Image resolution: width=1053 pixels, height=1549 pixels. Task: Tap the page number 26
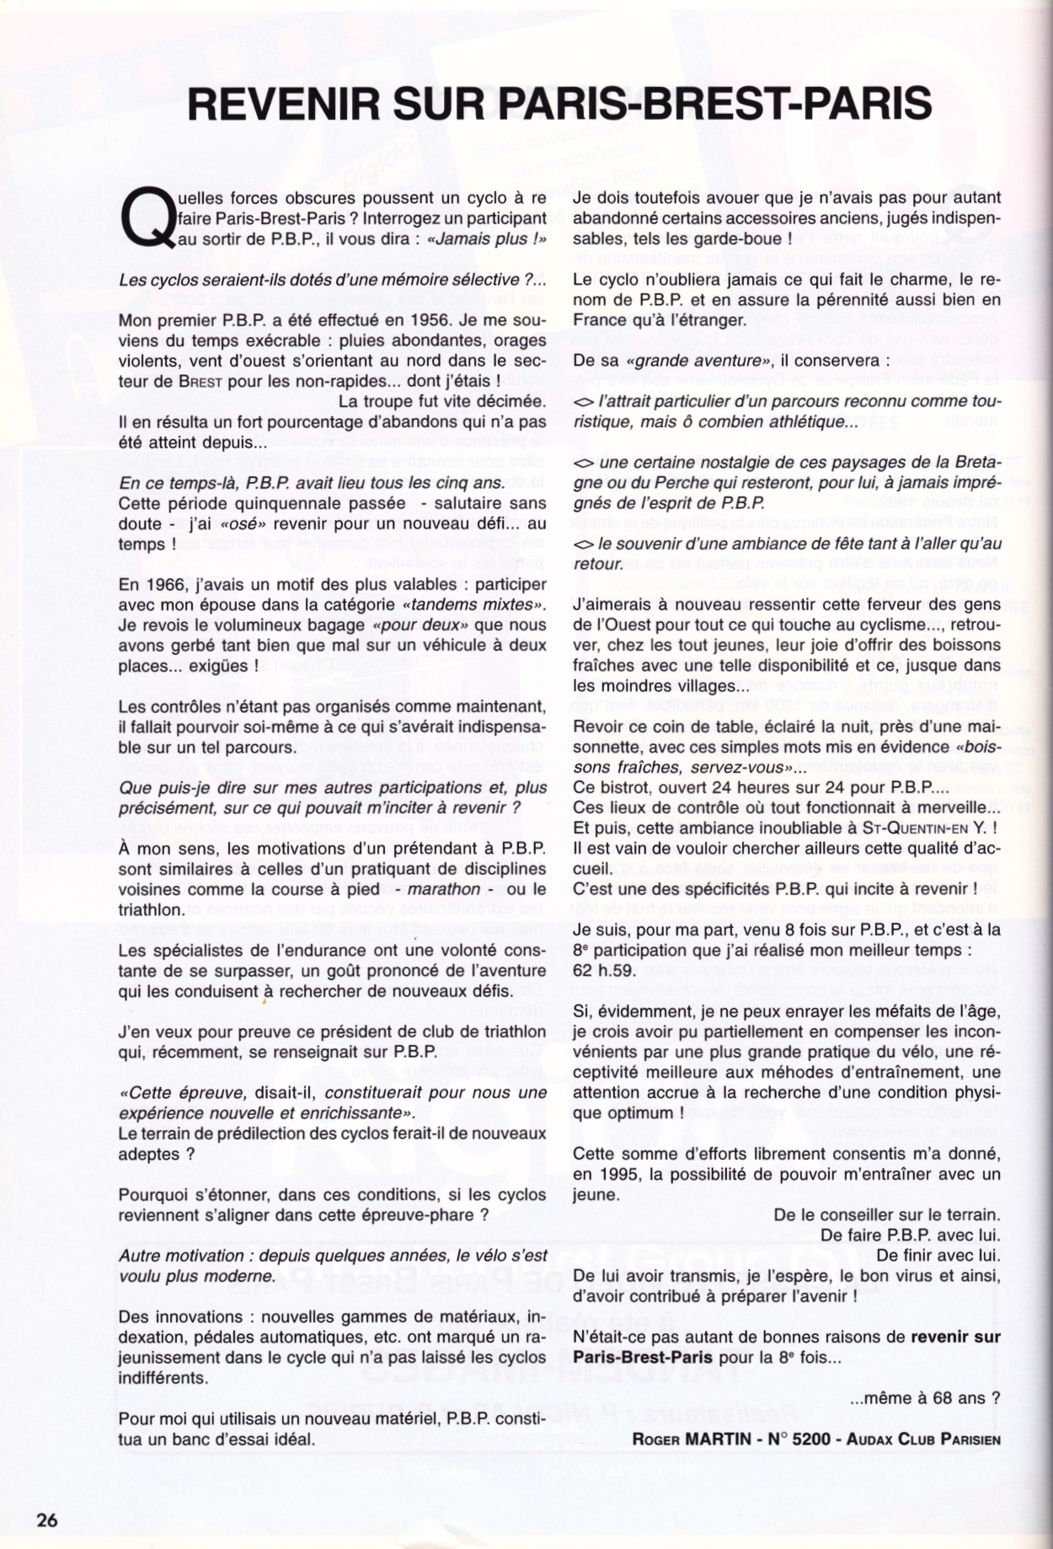[46, 1520]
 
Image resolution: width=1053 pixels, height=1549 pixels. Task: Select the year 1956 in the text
[412, 320]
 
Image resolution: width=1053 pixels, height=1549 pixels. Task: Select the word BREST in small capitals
[200, 382]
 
